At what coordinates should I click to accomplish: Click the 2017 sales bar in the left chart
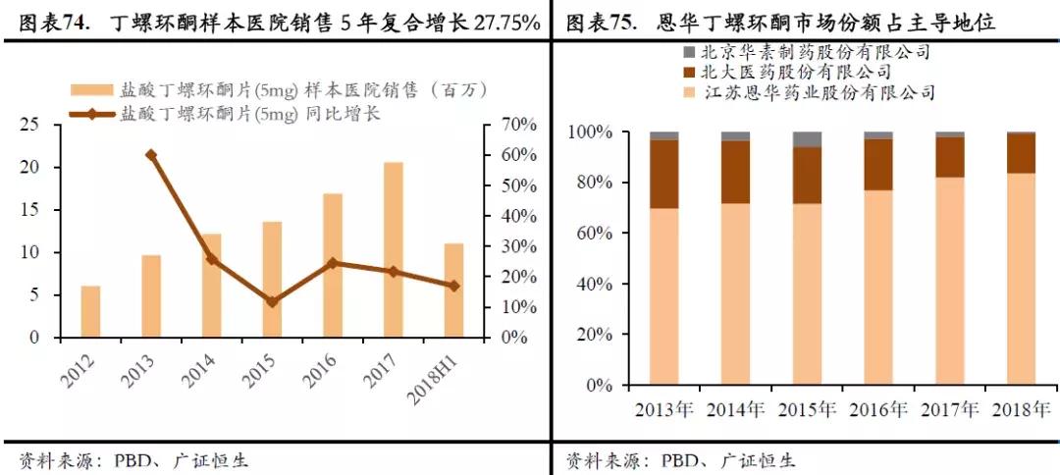[393, 250]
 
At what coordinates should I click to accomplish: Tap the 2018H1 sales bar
[453, 290]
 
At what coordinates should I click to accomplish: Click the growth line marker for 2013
[150, 155]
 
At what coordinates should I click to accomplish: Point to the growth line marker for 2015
[272, 301]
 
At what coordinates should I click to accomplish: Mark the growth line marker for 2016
[333, 263]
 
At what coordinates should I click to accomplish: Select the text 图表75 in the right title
[600, 22]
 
